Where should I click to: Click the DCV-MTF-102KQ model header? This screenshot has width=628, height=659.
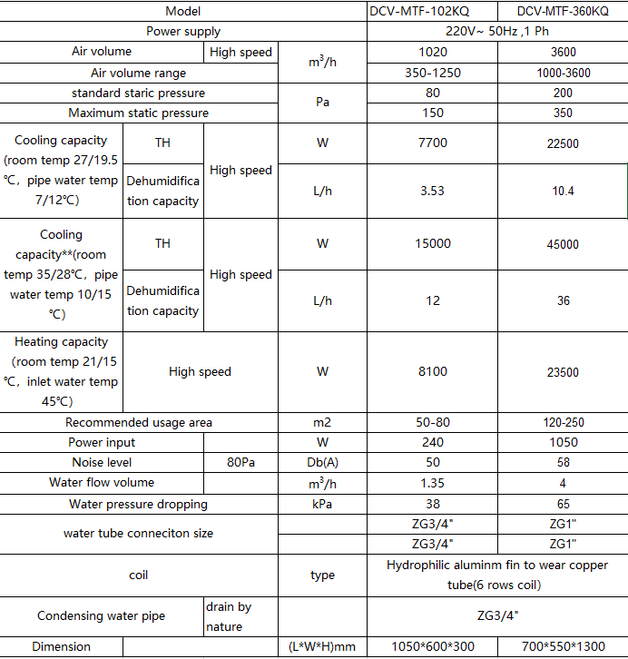pos(433,11)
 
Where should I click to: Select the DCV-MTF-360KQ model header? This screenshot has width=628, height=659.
pos(563,11)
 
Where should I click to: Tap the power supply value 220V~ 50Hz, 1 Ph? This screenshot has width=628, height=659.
pos(497,32)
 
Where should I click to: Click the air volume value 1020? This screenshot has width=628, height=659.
pos(433,53)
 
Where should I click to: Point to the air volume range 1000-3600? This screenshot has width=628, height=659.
pos(563,73)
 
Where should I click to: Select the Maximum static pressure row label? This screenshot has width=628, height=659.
pos(139,113)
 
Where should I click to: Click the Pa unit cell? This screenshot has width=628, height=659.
pos(322,103)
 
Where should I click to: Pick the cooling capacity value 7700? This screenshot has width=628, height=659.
pos(433,143)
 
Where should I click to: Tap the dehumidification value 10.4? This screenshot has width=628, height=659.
pos(563,191)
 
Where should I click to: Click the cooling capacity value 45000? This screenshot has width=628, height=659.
pos(563,244)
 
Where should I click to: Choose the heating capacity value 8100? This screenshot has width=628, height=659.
pos(433,371)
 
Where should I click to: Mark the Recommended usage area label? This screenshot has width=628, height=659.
pos(139,422)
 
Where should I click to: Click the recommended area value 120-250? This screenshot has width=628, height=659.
pos(563,422)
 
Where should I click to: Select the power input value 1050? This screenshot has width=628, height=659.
pos(563,442)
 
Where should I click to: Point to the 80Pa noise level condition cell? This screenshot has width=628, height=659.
pos(240,463)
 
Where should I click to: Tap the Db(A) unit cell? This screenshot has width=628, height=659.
pos(322,463)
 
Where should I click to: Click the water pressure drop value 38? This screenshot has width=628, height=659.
pos(433,504)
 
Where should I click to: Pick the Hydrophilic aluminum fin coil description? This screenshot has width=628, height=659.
pos(497,575)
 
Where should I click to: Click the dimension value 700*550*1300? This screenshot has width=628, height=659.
pos(563,647)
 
